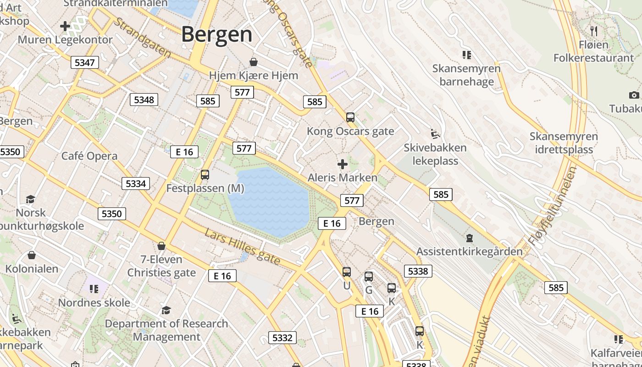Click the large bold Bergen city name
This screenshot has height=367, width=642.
(216, 35)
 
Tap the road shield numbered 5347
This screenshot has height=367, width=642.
(85, 62)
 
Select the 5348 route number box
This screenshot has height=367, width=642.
(144, 100)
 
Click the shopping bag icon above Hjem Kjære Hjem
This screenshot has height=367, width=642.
(253, 62)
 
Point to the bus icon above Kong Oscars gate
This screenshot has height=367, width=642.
(350, 117)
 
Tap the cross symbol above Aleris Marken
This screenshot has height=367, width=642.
(342, 164)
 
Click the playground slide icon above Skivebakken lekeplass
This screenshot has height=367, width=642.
(435, 134)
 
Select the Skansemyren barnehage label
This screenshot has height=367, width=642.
(466, 75)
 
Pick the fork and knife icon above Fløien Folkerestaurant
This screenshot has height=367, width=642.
(594, 31)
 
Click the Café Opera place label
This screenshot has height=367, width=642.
(89, 156)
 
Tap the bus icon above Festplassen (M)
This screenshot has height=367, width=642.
(205, 174)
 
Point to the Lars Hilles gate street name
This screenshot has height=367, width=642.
(242, 247)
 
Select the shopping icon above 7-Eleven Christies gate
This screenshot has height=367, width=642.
(161, 246)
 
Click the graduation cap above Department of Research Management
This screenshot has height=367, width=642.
(166, 310)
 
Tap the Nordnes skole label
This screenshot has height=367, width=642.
(94, 303)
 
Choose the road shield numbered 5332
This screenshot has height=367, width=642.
(282, 338)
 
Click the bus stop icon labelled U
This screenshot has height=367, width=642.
(347, 272)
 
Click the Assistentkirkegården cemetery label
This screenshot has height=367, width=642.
(469, 251)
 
